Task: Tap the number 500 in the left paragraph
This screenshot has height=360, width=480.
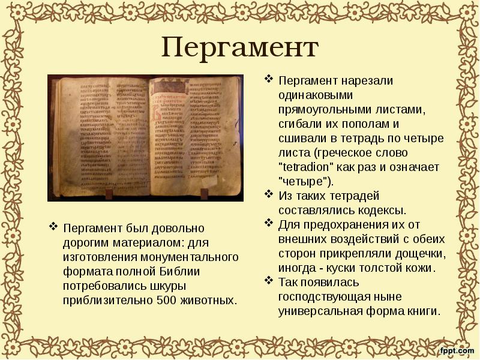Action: tap(166, 299)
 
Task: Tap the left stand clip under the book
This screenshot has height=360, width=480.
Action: tap(110, 195)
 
